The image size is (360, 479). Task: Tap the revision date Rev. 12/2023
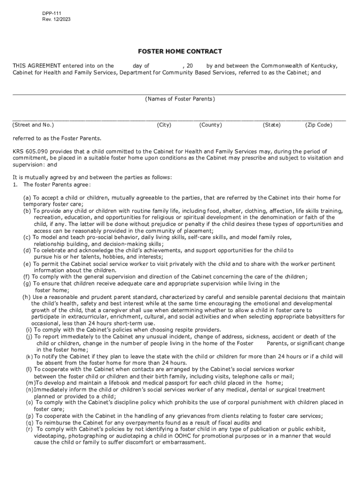point(56,20)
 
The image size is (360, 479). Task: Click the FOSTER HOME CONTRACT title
point(180,51)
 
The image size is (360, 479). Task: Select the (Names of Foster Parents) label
point(180,99)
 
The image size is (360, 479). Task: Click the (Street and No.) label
point(33,125)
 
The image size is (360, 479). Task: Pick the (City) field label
point(164,125)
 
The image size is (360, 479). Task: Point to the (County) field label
point(210,125)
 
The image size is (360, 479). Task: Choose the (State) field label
point(272,125)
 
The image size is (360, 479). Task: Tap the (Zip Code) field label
point(318,125)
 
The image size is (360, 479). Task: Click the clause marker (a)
point(28,198)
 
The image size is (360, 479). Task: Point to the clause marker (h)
point(26,297)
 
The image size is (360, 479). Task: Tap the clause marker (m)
point(29,383)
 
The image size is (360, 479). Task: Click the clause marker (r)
point(29,429)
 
